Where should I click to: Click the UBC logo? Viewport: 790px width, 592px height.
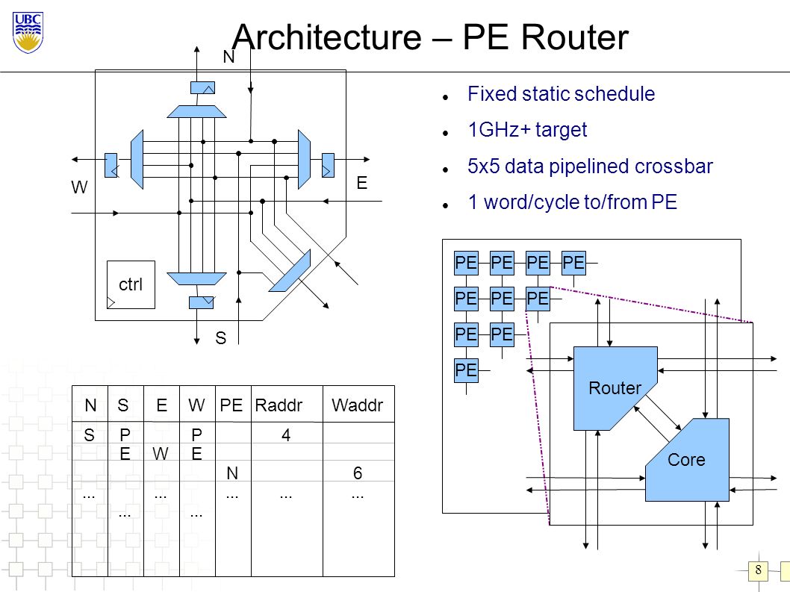28,33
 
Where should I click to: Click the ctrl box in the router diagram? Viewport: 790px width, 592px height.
131,284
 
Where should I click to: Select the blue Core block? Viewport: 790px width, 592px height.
687,460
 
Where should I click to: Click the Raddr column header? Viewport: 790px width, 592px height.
279,405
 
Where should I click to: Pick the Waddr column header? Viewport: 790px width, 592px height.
357,405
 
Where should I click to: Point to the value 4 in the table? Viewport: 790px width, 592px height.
286,434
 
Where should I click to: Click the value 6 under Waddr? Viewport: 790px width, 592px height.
358,473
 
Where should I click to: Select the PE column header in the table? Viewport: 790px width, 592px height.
231,405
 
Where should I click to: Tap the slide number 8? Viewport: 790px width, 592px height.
758,570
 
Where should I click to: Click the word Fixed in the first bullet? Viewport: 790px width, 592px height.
492,94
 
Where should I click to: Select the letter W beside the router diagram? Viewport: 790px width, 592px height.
80,187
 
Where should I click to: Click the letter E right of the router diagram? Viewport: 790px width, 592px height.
361,183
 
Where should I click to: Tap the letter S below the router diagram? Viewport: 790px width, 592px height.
221,338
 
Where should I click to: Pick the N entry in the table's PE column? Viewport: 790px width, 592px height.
231,473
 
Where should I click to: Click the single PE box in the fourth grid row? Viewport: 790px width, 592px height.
466,370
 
